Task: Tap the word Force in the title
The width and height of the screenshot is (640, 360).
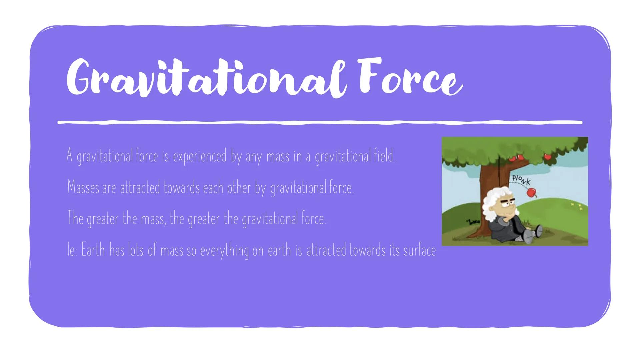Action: (410, 77)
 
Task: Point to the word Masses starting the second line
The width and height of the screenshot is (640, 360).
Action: (83, 187)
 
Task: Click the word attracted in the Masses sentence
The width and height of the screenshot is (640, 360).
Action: (140, 187)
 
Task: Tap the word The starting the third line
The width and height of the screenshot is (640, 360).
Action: (75, 218)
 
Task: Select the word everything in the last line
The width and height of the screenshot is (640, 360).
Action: (224, 250)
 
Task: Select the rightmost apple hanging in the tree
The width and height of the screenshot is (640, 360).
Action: (547, 156)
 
